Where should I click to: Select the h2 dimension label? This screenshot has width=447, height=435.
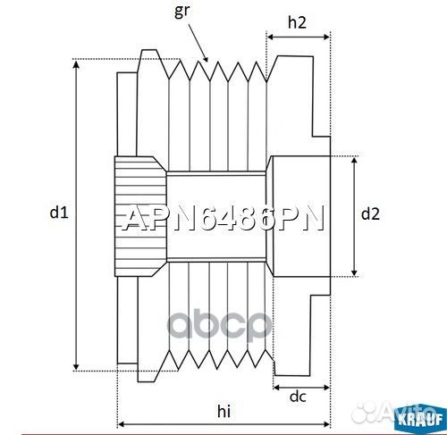[299, 23]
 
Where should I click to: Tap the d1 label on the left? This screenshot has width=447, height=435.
[58, 213]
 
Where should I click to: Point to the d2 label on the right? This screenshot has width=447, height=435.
[370, 213]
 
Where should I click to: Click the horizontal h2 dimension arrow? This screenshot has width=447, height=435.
[299, 40]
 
